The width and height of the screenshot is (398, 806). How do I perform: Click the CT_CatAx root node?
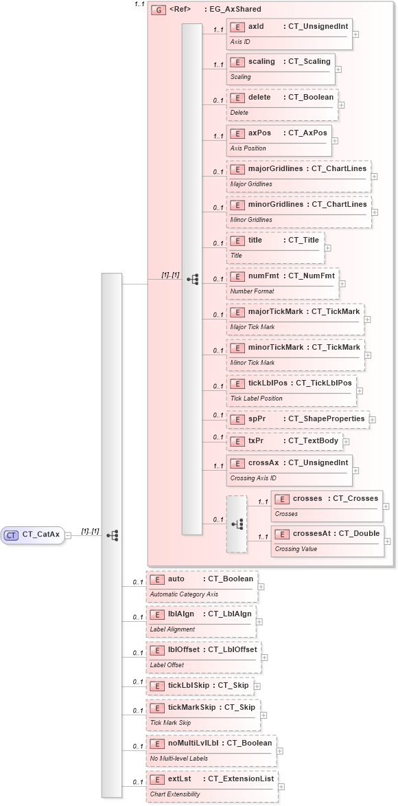34,534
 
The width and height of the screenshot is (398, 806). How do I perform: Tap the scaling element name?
261,61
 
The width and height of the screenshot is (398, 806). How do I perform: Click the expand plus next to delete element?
342,105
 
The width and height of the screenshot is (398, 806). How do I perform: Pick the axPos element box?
279,140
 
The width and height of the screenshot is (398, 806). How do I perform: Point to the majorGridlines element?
298,175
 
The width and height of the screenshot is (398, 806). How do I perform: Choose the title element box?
275,247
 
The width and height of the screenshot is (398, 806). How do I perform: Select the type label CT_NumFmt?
311,276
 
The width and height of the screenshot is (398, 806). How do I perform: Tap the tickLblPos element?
291,390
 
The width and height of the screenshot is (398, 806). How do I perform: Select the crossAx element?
289,469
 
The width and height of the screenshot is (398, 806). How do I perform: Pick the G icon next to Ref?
159,10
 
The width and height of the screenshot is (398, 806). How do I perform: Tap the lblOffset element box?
203,656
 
